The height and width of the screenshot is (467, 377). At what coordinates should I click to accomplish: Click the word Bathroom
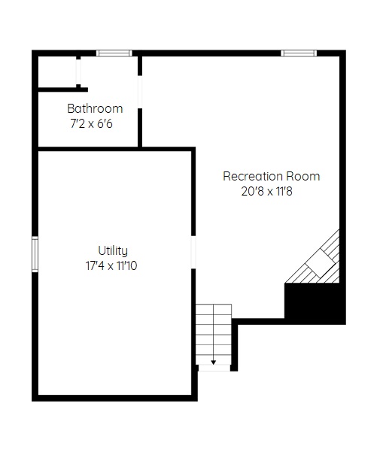[95, 108]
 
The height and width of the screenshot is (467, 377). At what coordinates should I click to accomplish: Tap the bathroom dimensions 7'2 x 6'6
[92, 123]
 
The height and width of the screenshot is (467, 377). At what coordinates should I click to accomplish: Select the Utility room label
[113, 251]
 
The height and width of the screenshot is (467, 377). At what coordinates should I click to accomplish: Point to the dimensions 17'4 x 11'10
[111, 265]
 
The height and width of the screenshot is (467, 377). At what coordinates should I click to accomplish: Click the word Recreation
[253, 176]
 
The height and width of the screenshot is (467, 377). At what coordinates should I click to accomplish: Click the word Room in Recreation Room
[303, 176]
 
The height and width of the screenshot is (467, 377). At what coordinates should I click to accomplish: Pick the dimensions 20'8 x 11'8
[266, 191]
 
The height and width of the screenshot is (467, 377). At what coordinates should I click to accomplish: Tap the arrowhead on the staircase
[214, 362]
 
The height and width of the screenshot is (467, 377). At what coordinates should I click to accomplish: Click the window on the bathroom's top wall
[114, 53]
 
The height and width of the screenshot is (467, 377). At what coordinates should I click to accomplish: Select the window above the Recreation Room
[299, 53]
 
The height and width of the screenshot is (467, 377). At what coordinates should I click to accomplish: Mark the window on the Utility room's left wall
[35, 254]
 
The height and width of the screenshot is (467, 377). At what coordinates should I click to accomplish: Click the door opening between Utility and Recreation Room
[193, 252]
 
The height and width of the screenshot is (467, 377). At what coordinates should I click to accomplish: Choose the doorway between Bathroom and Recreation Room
[140, 92]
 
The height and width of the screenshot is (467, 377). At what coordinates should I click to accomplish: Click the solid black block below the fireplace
[315, 303]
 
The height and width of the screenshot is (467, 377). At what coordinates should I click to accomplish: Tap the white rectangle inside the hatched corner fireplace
[321, 263]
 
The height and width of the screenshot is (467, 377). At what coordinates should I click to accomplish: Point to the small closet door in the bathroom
[78, 72]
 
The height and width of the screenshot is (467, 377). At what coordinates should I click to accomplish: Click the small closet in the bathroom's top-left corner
[57, 72]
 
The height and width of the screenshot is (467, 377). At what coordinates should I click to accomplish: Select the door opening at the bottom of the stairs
[214, 368]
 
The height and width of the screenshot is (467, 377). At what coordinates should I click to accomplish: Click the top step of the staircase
[214, 308]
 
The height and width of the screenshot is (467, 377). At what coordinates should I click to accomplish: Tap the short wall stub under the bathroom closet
[63, 89]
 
